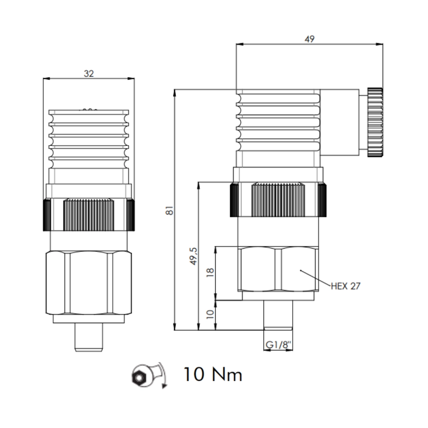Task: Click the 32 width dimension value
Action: click(x=89, y=74)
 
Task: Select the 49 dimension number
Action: click(x=309, y=39)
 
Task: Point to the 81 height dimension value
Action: click(x=169, y=210)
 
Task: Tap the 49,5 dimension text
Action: click(x=193, y=256)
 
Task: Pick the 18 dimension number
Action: click(x=210, y=272)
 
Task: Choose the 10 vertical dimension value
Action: click(x=210, y=314)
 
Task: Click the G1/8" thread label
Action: click(x=279, y=345)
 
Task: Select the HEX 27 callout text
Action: click(x=346, y=286)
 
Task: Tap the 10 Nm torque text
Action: click(x=213, y=374)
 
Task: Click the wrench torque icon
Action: click(x=149, y=376)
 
